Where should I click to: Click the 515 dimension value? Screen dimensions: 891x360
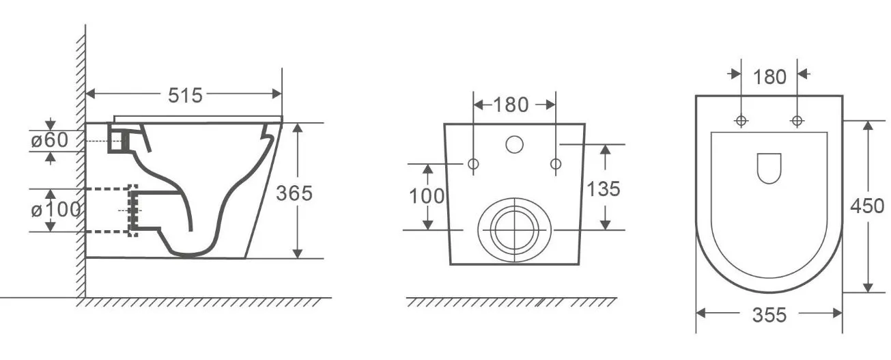coord(185,96)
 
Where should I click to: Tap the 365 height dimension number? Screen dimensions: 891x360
coord(294,193)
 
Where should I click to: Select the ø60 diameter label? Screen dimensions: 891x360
coord(50,140)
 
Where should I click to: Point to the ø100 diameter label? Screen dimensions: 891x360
coord(56,210)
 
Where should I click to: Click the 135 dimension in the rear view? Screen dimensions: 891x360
coord(604,189)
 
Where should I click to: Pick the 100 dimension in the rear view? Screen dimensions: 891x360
coord(427,196)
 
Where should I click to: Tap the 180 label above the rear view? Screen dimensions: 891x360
coord(511,105)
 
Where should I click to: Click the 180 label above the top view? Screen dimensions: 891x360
coord(769,77)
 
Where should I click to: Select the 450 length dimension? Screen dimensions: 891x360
coord(867,206)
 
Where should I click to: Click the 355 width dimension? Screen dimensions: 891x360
coord(769,315)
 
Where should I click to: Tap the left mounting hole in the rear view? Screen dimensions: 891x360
coord(473,164)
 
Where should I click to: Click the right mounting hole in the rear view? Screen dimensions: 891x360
coord(556,164)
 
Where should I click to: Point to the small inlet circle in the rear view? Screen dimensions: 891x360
coord(514,144)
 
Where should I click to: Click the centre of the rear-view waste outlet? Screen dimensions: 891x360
coord(515,230)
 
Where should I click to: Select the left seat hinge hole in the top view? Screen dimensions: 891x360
coord(741,120)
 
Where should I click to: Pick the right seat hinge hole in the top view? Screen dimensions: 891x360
coord(797,120)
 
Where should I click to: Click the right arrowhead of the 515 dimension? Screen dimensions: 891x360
coord(277,94)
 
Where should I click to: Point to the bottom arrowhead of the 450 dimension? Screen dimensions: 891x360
coord(868,287)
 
